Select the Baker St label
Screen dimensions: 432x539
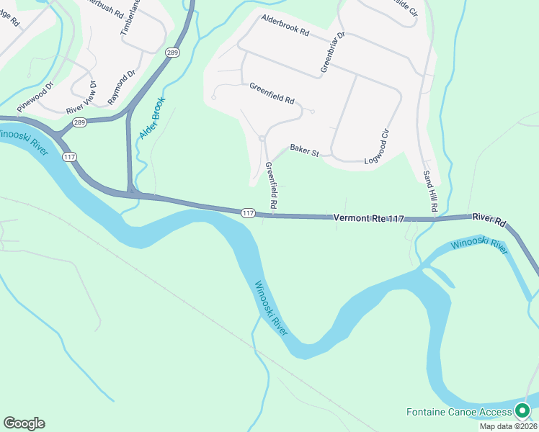(304, 150)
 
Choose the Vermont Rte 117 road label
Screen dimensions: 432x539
(369, 217)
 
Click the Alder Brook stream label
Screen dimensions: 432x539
(153, 117)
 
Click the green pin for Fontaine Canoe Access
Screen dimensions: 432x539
(522, 411)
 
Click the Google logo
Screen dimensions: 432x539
(24, 423)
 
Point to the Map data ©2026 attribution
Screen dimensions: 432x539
(508, 426)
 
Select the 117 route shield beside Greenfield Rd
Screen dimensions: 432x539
(248, 212)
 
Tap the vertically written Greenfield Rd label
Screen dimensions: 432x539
(272, 186)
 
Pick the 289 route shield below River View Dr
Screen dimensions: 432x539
(79, 123)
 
